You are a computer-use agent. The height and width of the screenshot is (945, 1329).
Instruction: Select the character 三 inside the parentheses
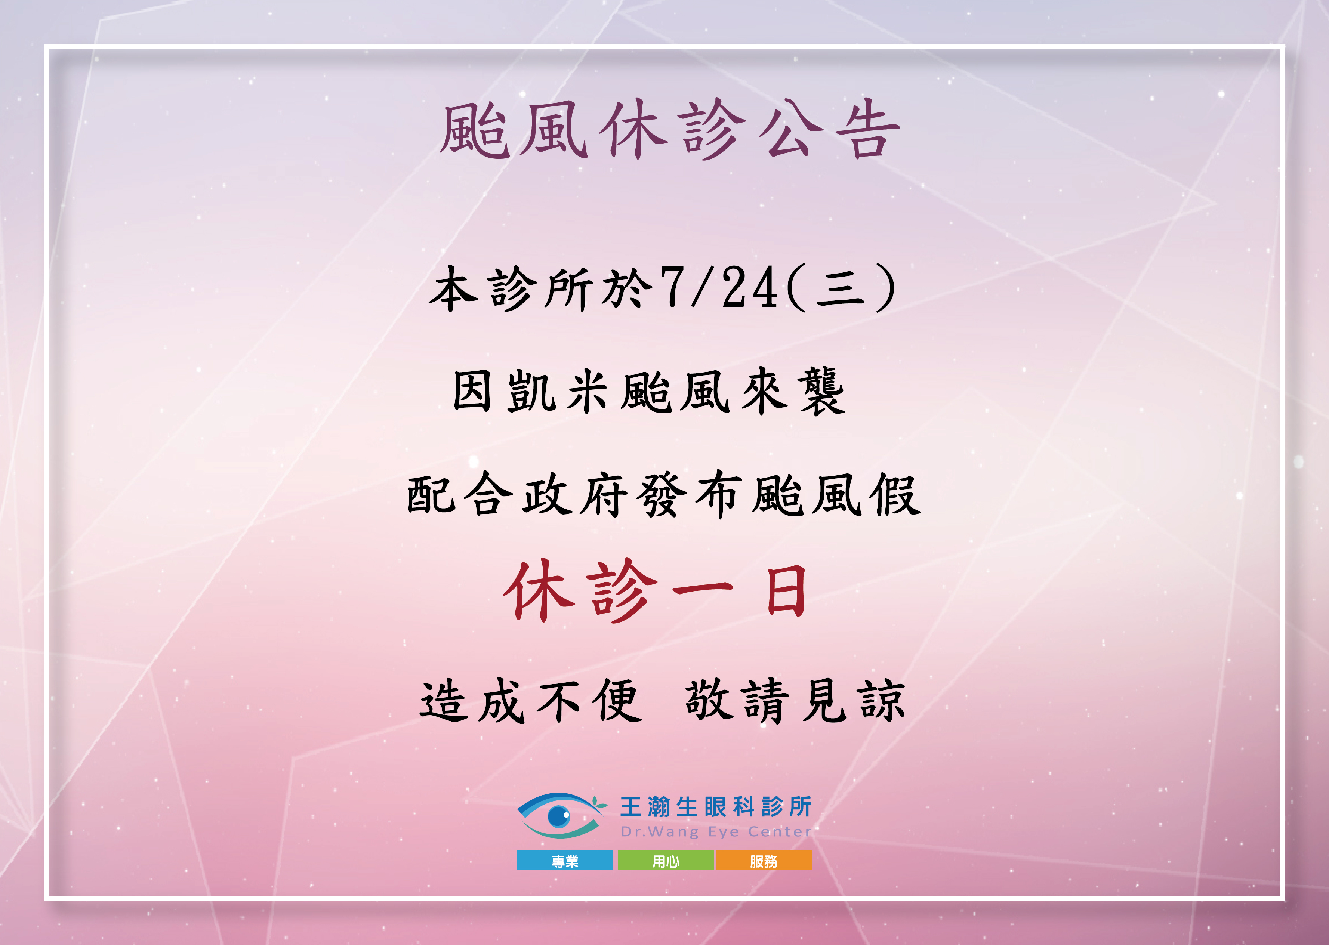click(x=840, y=288)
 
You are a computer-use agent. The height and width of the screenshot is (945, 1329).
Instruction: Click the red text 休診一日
click(x=655, y=591)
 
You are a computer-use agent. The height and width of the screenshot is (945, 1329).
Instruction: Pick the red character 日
click(x=786, y=592)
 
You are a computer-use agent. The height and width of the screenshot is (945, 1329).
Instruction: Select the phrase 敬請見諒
click(x=795, y=701)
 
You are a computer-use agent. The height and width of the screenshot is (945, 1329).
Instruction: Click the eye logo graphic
click(x=561, y=815)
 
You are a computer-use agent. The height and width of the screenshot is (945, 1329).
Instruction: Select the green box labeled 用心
click(x=666, y=861)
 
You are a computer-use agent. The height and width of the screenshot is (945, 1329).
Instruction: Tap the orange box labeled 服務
click(x=764, y=861)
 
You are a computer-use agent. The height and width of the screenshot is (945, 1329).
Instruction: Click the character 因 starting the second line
click(x=472, y=392)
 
